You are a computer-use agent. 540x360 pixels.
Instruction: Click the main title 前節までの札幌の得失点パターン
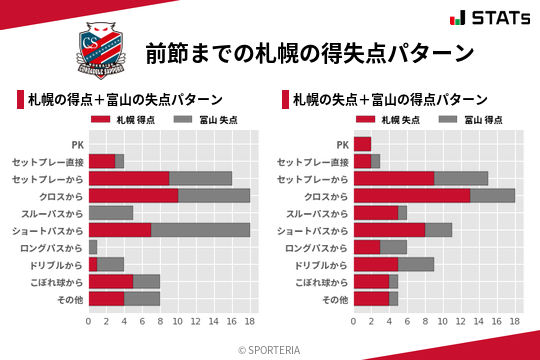coord(309,52)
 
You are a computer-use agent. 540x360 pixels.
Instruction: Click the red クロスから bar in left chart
coord(133,195)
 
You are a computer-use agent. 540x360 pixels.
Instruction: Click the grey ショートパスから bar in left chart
coord(200,230)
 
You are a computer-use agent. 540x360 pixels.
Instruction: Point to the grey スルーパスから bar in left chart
coord(111,212)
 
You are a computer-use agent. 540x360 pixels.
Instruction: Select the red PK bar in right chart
coord(362,144)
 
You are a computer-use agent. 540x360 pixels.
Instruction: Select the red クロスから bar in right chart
coord(411,195)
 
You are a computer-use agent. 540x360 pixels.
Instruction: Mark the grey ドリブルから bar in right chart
coord(416,264)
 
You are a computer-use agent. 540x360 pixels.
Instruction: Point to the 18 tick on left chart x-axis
coord(250,322)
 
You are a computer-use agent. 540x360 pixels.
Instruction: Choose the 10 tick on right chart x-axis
coord(443,322)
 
